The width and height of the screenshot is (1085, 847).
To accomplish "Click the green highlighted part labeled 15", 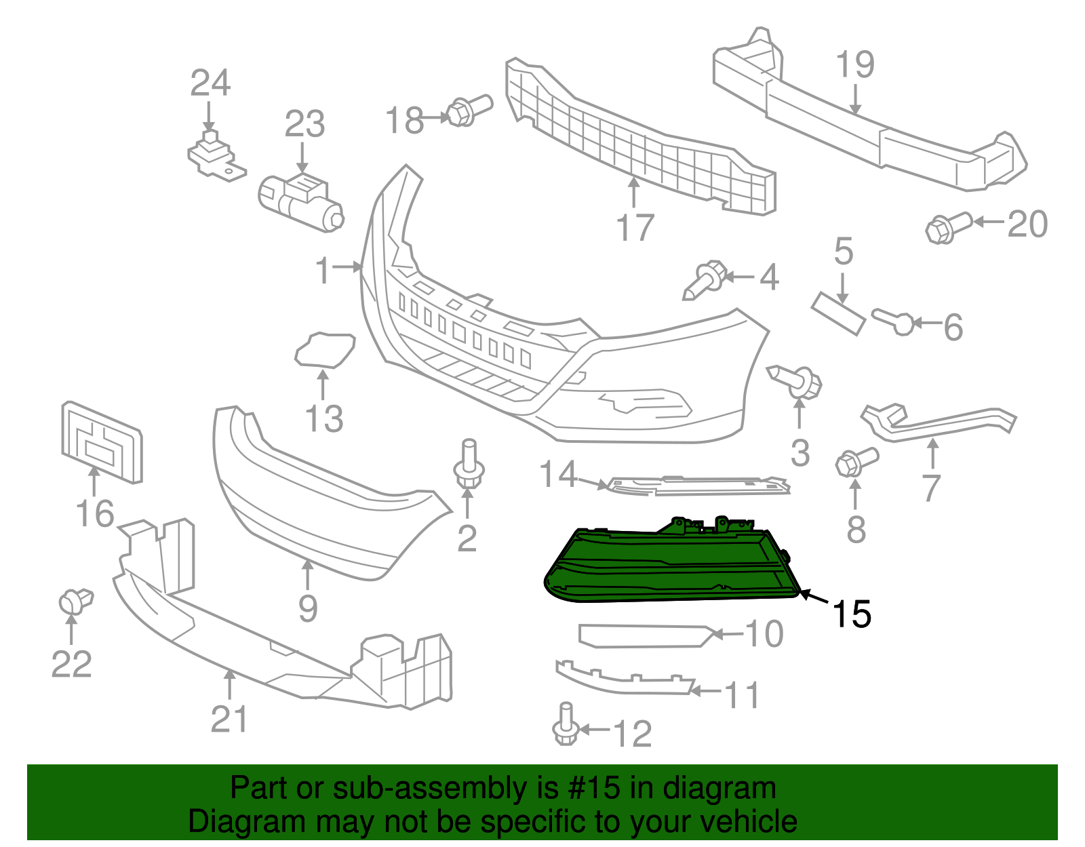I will tap(671, 566).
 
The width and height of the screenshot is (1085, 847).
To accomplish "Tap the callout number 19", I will tap(854, 64).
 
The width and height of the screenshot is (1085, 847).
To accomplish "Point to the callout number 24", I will tap(210, 83).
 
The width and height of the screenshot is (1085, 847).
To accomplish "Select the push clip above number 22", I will tap(75, 601).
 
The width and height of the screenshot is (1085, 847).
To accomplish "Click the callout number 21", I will tap(229, 720).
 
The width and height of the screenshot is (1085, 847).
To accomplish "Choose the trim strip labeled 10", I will tap(644, 635).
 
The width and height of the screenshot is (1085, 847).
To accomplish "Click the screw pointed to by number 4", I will tap(705, 279).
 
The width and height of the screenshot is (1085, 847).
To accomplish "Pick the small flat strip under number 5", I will tap(839, 313).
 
